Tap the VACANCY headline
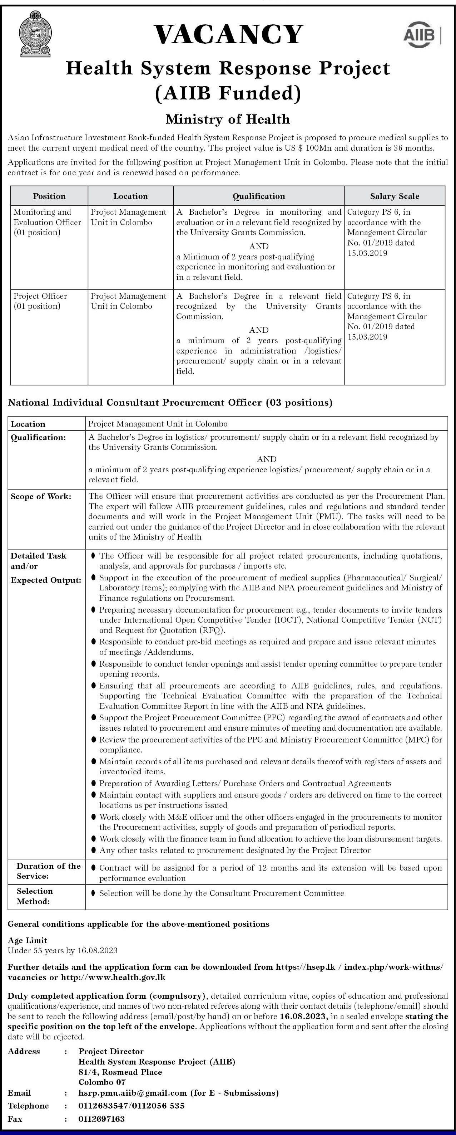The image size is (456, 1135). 228,34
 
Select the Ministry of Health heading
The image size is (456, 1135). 228,119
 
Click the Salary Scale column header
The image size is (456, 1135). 395,196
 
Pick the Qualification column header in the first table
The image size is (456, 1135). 259,196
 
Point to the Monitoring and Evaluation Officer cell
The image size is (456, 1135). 48,222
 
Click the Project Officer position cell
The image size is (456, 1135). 40,301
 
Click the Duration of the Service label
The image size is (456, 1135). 48,871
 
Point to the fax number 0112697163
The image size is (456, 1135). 102,1119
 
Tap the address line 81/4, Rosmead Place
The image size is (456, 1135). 120,1072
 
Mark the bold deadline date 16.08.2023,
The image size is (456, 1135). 304,1017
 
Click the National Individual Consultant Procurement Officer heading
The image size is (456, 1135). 170,402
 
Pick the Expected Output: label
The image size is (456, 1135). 46,580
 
